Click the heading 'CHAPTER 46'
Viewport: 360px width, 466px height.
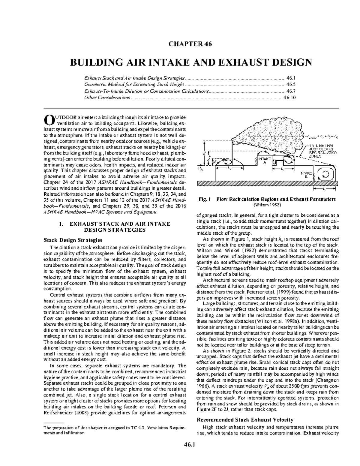point(190,44)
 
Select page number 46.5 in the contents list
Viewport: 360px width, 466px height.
point(291,85)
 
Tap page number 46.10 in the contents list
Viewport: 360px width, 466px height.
point(290,98)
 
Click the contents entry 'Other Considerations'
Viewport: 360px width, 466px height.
point(107,98)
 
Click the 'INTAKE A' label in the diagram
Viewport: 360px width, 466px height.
point(264,161)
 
